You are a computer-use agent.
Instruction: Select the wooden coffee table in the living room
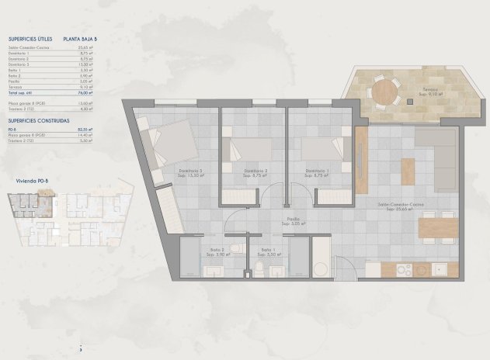(408, 171)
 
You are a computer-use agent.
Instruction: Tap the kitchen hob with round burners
(405, 270)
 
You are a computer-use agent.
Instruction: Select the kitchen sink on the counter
(439, 270)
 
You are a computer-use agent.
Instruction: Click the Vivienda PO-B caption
(33, 181)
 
